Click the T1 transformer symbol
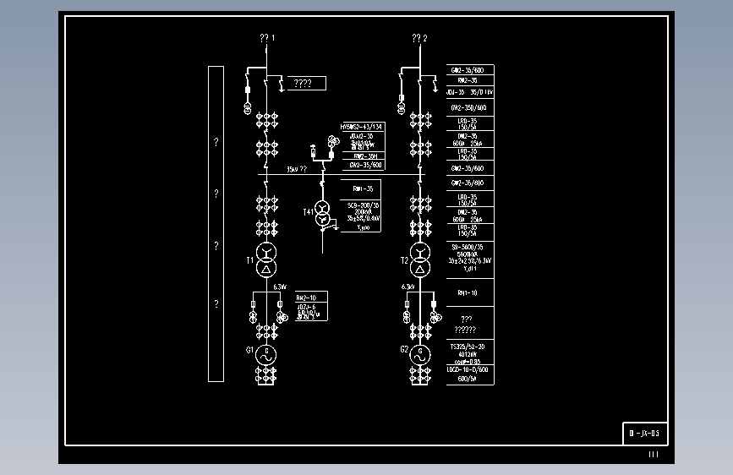pos(266,260)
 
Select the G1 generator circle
pos(266,354)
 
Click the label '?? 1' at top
pos(267,38)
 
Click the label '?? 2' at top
pos(419,38)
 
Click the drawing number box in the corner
pos(645,434)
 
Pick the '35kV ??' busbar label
pos(297,169)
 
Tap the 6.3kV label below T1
pos(280,287)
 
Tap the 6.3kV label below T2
pos(408,287)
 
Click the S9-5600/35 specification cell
pos(470,257)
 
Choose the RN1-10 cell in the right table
pos(470,293)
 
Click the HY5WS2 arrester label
pos(361,127)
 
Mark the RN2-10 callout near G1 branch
pos(306,298)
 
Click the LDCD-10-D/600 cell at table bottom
pos(470,374)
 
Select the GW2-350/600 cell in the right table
pos(470,108)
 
